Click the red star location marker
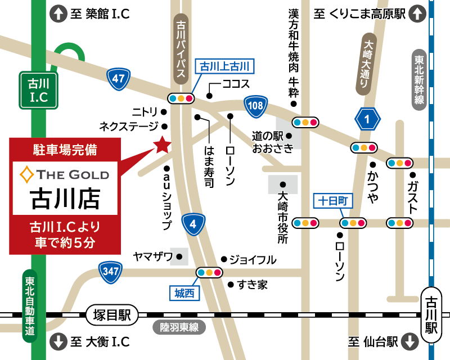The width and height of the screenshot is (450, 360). (x=162, y=145)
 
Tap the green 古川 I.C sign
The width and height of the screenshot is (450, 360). (x=38, y=90)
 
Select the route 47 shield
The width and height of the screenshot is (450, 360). (x=118, y=78)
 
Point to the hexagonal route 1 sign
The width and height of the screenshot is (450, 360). (x=368, y=119)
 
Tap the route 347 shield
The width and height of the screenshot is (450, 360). (x=110, y=272)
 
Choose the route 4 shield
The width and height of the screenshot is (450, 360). (x=193, y=224)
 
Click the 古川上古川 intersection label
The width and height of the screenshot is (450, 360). (x=224, y=66)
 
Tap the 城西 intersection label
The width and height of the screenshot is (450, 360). (x=184, y=292)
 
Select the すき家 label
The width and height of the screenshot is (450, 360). (x=252, y=285)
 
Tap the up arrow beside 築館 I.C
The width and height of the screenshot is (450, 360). (x=58, y=14)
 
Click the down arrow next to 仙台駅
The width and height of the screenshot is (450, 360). (x=411, y=341)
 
